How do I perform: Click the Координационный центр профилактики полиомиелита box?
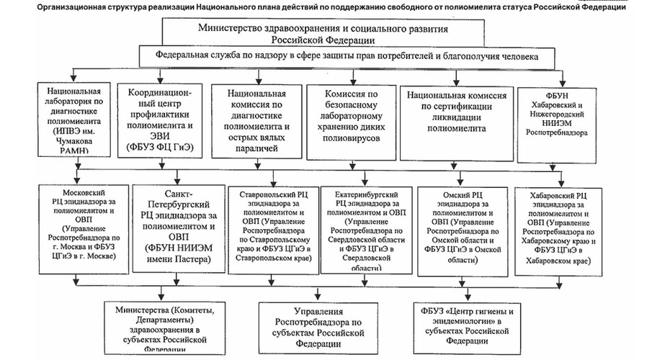coord(159,122)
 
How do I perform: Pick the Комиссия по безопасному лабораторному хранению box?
coord(351,122)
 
